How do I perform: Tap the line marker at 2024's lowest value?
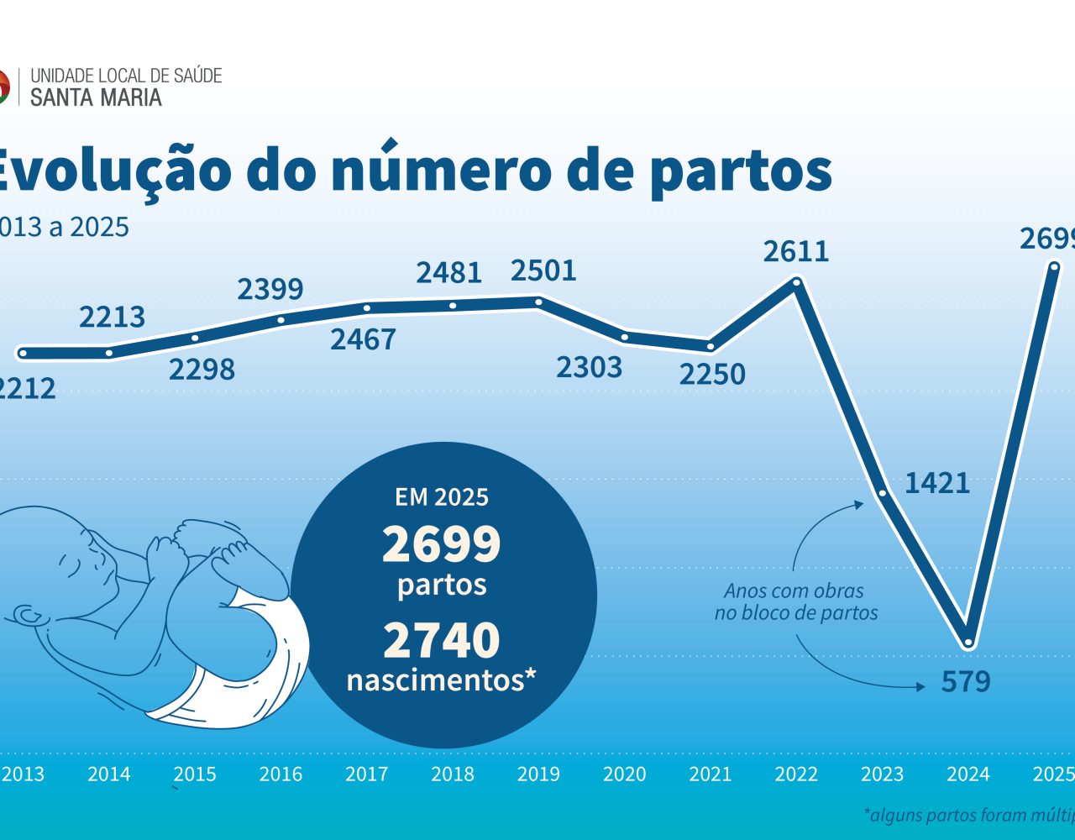point(968,643)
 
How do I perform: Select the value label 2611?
point(795,251)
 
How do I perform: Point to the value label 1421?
point(937,483)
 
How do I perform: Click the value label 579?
point(966,681)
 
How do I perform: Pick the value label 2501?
point(544,270)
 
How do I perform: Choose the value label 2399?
point(270,289)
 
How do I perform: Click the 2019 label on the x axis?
point(538,774)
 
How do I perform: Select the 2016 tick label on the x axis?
point(281,774)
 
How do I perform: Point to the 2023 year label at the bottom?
point(882,774)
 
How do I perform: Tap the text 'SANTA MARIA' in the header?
point(96,97)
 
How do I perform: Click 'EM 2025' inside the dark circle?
point(442,497)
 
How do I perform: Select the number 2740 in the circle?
point(442,641)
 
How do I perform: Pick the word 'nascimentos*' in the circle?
point(442,680)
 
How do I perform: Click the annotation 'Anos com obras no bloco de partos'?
point(795,602)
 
